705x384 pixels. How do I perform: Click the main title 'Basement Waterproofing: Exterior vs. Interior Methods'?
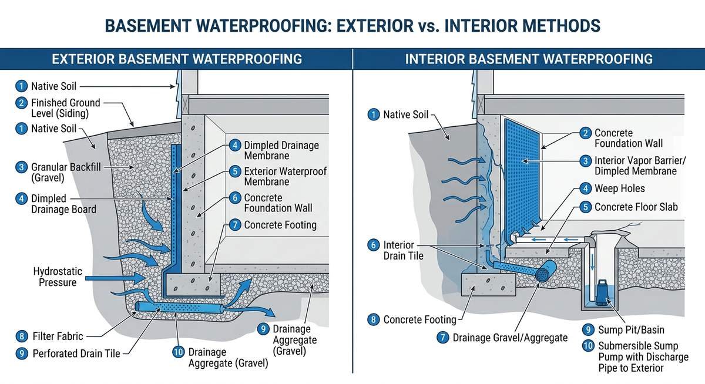point(352,26)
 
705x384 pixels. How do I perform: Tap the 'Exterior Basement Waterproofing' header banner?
point(177,59)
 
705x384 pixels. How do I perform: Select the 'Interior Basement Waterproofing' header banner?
point(529,59)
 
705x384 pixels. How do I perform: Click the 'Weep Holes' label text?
point(619,188)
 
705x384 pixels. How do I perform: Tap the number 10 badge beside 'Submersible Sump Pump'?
point(587,346)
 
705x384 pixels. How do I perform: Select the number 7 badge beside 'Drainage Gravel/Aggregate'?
point(444,338)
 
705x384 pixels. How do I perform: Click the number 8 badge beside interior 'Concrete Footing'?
point(373,320)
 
